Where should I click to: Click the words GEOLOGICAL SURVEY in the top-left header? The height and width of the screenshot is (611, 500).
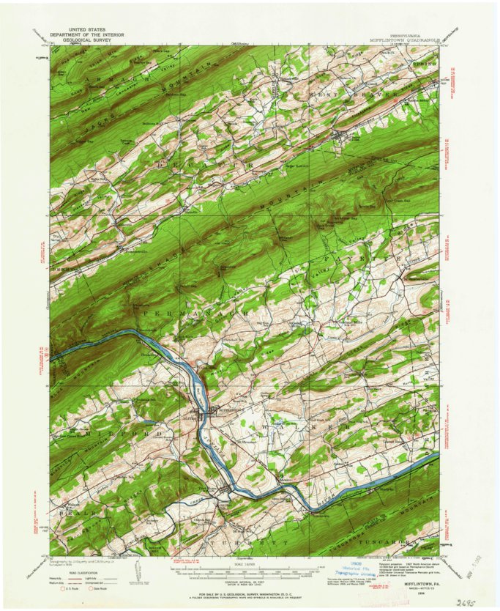point(92,40)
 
